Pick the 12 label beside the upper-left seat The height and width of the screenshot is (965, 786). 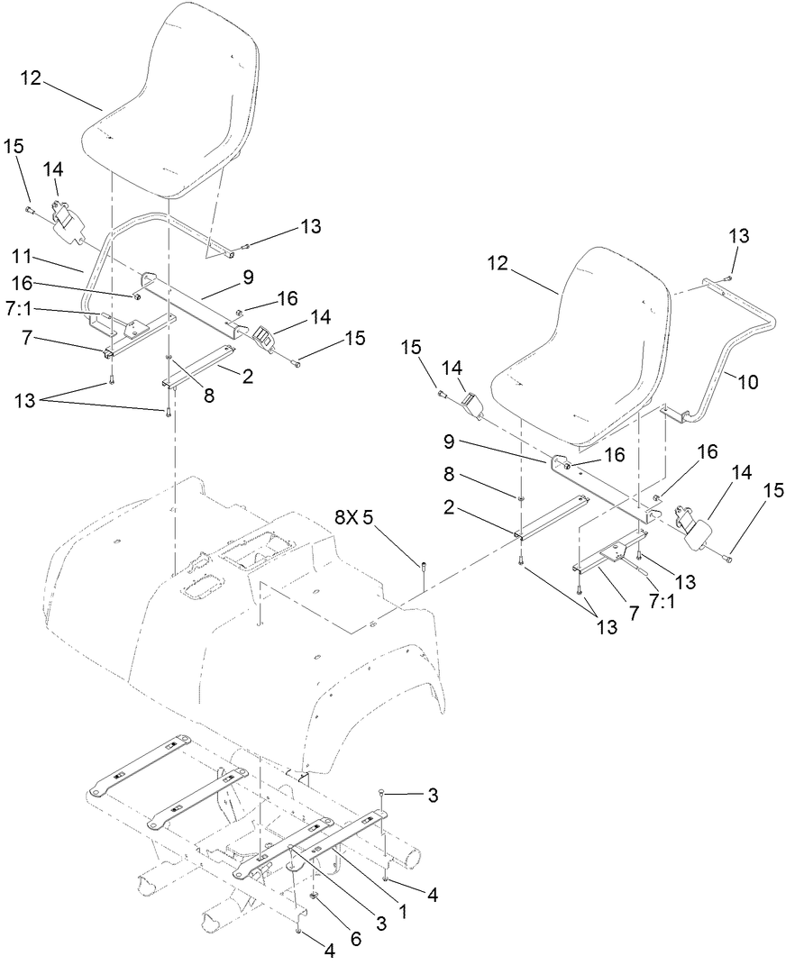click(x=31, y=79)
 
